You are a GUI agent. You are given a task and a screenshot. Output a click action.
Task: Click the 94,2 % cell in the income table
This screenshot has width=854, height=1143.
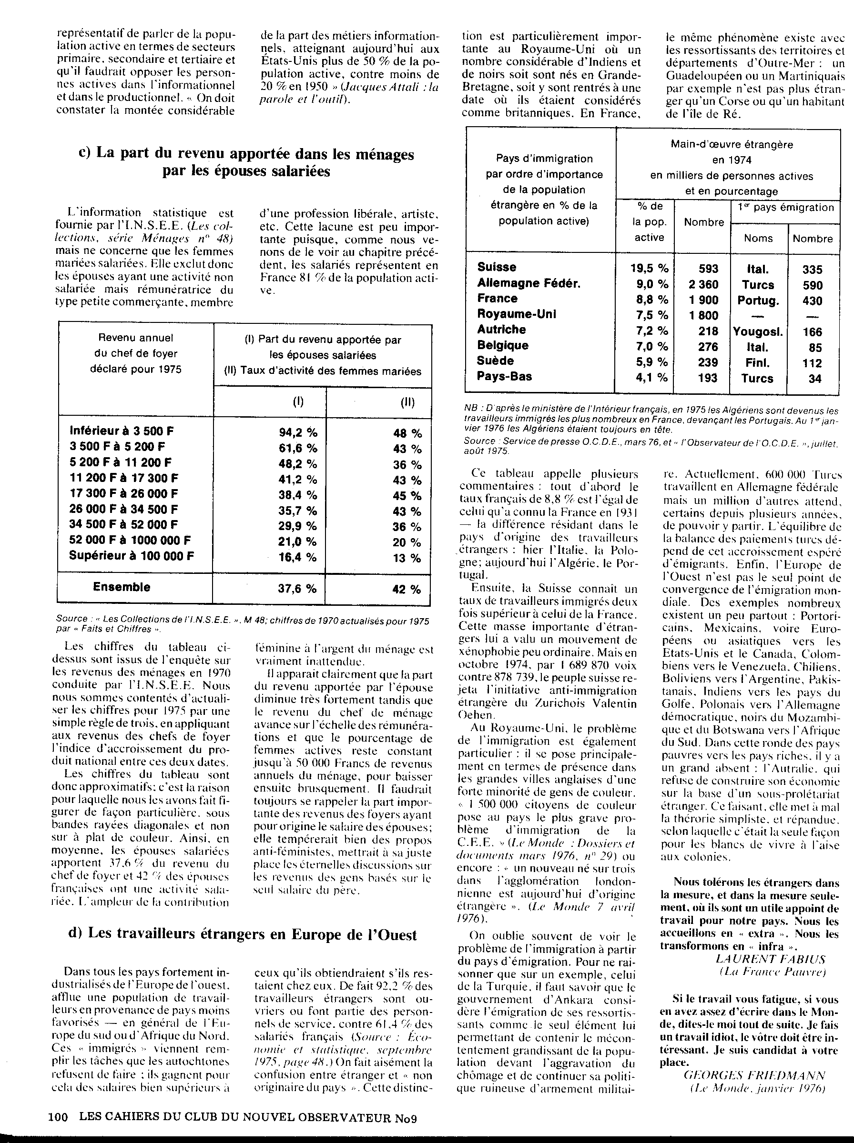[298, 432]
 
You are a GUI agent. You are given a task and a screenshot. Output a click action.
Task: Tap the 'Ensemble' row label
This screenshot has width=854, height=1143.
[122, 587]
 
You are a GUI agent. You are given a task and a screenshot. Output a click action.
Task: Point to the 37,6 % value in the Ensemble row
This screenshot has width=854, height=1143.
[298, 589]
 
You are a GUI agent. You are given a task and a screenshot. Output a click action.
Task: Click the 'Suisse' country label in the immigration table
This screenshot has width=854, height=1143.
[496, 267]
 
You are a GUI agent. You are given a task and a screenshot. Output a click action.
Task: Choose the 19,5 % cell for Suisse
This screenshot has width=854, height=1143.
[649, 269]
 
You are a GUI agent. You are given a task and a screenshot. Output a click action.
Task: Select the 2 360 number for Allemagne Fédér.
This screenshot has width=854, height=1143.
[703, 285]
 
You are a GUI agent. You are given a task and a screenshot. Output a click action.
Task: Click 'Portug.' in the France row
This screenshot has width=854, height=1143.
[758, 301]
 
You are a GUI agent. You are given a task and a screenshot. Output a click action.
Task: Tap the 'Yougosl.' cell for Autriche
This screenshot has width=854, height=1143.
[758, 332]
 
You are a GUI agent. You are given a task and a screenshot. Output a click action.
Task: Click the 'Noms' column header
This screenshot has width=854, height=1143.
[758, 239]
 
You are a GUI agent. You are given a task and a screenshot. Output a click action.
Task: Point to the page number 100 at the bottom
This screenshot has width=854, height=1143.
[58, 1117]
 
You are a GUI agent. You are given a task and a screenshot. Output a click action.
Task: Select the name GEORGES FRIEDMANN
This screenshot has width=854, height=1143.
[754, 1075]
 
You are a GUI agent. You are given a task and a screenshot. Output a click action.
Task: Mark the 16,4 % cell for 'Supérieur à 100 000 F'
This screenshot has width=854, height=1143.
[298, 557]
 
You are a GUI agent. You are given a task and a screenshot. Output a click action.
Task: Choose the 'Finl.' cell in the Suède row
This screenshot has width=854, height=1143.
[758, 363]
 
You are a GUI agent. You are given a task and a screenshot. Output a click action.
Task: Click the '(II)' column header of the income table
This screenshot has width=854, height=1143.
[407, 402]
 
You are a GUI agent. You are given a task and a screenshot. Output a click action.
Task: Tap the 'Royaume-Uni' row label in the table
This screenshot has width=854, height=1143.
[516, 314]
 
